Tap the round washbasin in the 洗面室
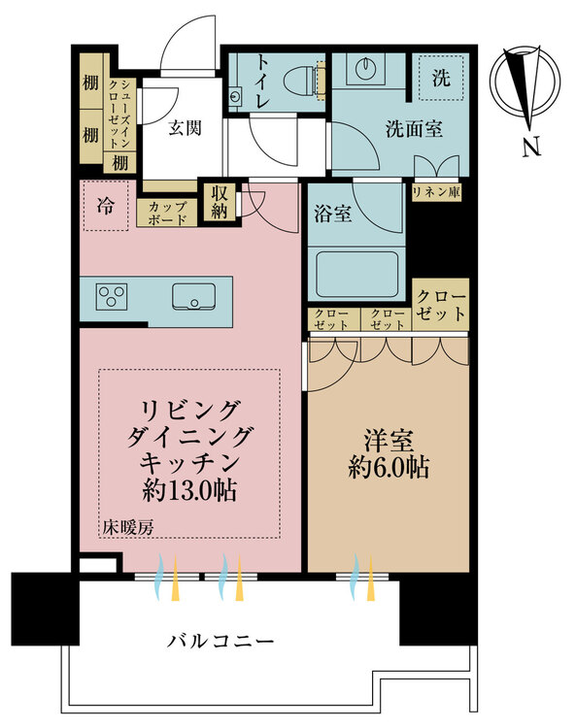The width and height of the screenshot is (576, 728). coord(366,68)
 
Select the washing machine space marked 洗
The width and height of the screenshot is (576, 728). coord(441,77)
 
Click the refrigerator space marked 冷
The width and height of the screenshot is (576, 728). coord(106,206)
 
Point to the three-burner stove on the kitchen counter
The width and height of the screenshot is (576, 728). coord(112,296)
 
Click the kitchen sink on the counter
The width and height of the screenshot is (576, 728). coord(193,296)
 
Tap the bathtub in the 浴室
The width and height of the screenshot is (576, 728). coord(356,275)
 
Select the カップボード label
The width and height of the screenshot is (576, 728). coord(167,214)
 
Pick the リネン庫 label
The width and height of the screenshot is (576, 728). coord(436,192)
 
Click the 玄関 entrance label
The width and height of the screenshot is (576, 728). coord(185,127)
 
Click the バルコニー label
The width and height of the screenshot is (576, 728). coord(220,642)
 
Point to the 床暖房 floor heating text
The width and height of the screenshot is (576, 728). coord(128,527)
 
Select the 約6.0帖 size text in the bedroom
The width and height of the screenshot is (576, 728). coord(389,467)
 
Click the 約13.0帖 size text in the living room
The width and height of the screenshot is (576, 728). coord(189,490)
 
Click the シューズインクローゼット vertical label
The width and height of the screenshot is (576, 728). coord(119,114)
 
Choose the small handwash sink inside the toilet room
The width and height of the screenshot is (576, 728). coord(235,96)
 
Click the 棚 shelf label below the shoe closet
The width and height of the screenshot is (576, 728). coord(119,163)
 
